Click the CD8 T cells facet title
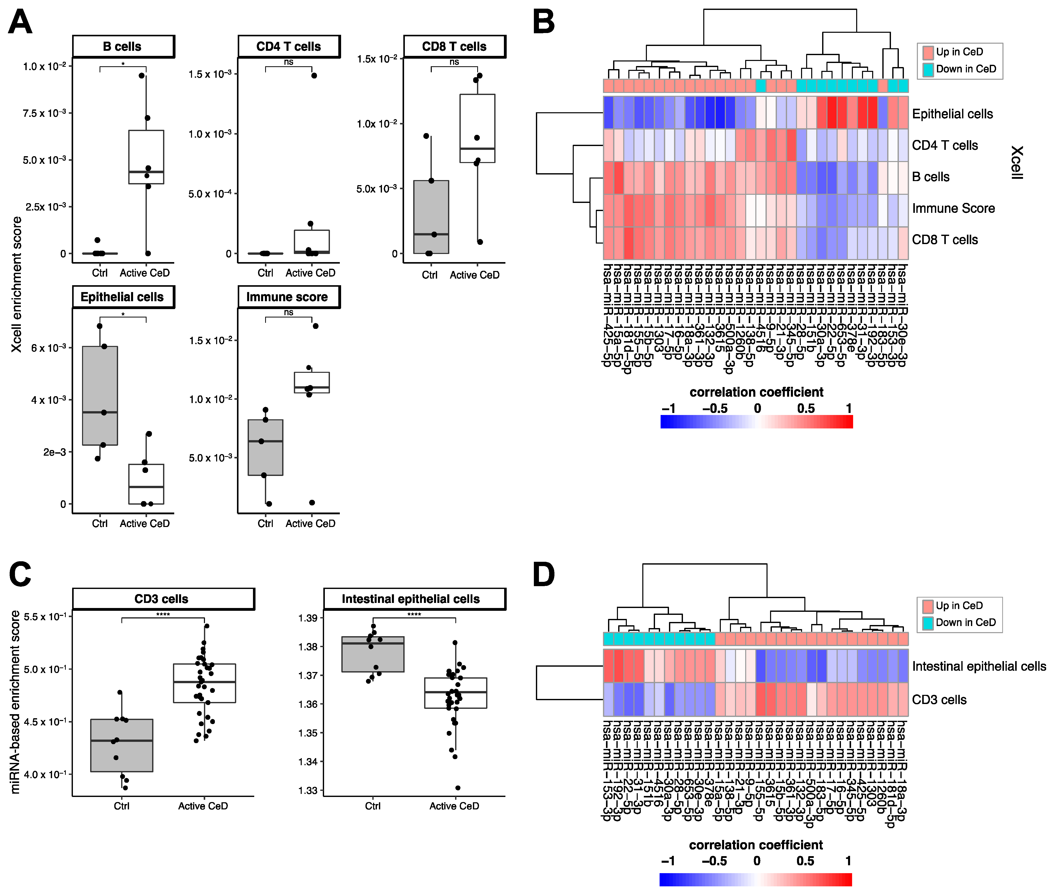454,47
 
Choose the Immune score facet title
288,297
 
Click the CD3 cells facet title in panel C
162,599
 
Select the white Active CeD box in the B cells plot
146,157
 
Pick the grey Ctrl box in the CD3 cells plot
122,745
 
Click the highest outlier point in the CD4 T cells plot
314,76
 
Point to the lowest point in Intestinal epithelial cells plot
458,788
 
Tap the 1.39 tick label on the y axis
308,618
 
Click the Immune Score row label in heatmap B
953,208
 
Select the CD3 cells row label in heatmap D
939,700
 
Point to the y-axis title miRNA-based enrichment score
15,702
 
